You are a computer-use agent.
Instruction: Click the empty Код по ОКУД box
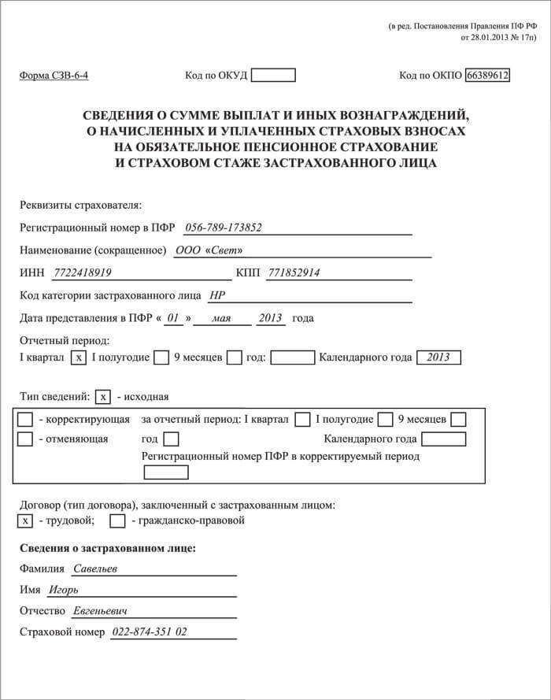pyautogui.click(x=272, y=76)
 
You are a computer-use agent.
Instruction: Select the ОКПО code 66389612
pyautogui.click(x=488, y=76)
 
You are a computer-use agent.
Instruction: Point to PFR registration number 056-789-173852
pyautogui.click(x=223, y=228)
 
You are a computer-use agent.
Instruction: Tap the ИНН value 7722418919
pyautogui.click(x=83, y=273)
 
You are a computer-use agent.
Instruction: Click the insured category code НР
pyautogui.click(x=217, y=296)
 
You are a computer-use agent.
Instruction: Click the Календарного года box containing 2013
pyautogui.click(x=438, y=357)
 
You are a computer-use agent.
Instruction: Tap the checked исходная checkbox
pyautogui.click(x=102, y=396)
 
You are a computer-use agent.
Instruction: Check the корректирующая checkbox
pyautogui.click(x=25, y=419)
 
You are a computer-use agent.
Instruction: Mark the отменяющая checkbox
pyautogui.click(x=25, y=439)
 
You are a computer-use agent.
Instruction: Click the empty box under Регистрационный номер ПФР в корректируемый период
pyautogui.click(x=166, y=472)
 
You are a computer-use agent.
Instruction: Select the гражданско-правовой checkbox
pyautogui.click(x=117, y=520)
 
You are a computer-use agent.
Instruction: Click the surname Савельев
pyautogui.click(x=95, y=569)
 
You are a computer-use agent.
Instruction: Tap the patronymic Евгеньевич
pyautogui.click(x=100, y=611)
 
